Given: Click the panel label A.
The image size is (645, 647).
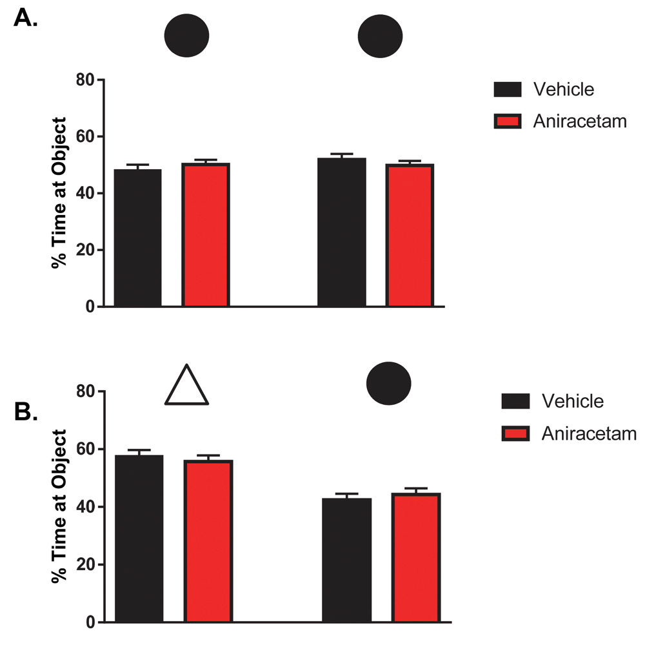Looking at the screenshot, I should coord(25,17).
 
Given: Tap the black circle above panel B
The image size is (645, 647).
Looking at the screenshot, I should coord(388,383).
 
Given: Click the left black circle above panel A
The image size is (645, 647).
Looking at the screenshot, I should coord(187,35).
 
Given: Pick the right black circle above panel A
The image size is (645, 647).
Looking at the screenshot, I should coord(381,35).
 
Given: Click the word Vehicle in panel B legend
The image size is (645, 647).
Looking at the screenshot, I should coord(573,401).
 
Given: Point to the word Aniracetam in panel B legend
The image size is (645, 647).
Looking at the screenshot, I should coord(589,433).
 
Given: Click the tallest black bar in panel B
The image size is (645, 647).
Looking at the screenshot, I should coord(139,539).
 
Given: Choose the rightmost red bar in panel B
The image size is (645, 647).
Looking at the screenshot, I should coord(416,558).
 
